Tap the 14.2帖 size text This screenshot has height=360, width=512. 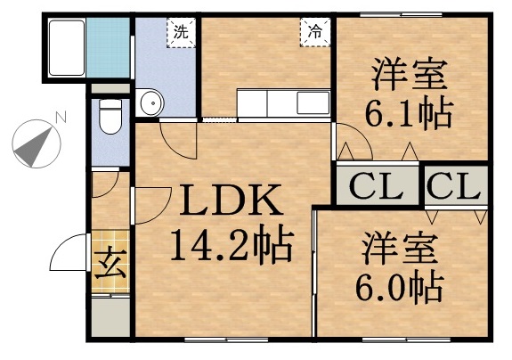[x=232, y=245]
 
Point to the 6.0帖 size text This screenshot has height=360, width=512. [x=400, y=287]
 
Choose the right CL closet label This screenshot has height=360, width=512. [x=454, y=188]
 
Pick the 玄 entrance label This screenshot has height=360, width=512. [x=110, y=264]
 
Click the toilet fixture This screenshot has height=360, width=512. [x=111, y=116]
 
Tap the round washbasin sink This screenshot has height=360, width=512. [x=151, y=104]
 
